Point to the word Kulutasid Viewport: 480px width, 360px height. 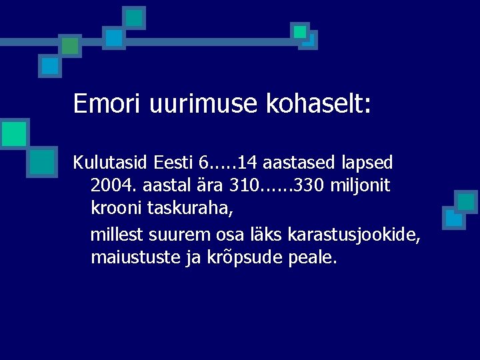click(x=111, y=162)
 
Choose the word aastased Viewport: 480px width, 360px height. click(x=299, y=162)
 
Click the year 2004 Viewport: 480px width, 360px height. click(x=110, y=186)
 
